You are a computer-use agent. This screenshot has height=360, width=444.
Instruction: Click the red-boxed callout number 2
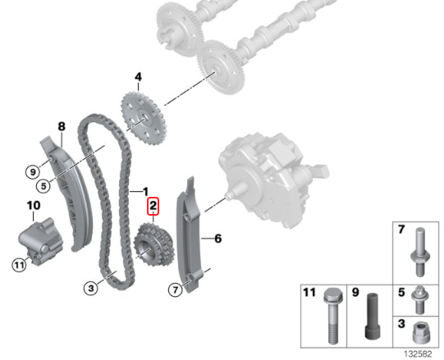coord(153,206)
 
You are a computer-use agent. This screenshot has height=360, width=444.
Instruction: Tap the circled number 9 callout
coord(33,171)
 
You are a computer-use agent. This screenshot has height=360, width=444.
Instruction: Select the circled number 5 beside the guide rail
coord(43,186)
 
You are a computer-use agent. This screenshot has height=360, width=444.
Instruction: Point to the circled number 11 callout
coord(19,266)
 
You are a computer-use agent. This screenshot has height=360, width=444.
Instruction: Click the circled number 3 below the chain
coord(91,289)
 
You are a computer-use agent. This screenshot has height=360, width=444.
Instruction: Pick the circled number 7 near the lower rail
coord(176,289)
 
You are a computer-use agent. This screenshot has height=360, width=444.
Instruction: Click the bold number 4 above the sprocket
coord(138,77)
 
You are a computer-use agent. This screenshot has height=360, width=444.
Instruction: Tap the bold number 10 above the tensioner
coord(34,206)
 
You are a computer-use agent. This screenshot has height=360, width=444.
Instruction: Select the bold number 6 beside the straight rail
coord(217,239)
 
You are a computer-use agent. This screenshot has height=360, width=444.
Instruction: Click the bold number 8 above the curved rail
coord(62,126)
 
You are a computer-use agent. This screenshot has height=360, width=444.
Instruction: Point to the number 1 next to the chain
coord(145,192)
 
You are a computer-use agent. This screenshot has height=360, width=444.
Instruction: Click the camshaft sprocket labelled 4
coord(144,118)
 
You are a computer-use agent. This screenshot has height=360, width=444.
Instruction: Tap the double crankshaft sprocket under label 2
coord(153,248)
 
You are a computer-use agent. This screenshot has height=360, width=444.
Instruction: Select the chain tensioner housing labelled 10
coord(40,240)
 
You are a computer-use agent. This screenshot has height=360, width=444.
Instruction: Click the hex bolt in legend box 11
coord(333,316)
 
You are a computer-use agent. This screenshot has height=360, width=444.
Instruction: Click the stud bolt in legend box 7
coord(420,253)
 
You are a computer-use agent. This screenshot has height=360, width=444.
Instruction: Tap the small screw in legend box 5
coord(419,300)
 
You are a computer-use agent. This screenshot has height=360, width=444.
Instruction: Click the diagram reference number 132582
coord(418,353)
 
